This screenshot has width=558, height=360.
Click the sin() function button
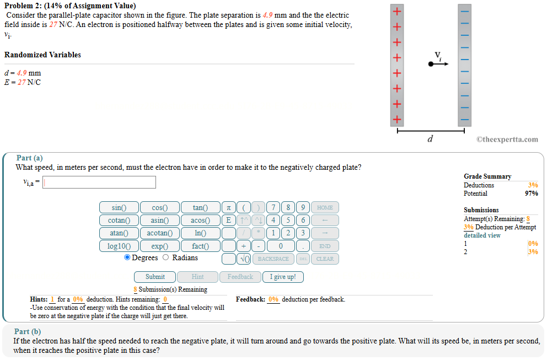coord(119,208)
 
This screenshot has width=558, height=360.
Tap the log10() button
coord(119,246)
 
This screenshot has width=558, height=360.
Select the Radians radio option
coord(166,257)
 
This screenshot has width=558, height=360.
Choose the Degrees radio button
coord(127,257)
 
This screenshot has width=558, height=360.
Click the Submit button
coord(155,277)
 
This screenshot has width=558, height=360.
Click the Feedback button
coord(240,277)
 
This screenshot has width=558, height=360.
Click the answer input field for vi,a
coord(99,182)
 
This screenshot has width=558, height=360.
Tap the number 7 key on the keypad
coord(273,208)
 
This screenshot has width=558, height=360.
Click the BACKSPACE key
coord(273,259)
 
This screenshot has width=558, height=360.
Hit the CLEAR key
coord(325,259)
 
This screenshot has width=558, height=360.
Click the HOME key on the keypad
coord(325,208)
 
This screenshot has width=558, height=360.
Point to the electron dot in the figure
coord(431,65)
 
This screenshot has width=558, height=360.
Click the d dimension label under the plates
coord(430,139)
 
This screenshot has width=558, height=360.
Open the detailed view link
coord(482,235)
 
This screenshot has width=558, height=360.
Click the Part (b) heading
coord(28,331)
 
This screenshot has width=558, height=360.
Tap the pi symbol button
coord(228,208)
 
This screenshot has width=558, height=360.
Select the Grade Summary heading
coord(487,176)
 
